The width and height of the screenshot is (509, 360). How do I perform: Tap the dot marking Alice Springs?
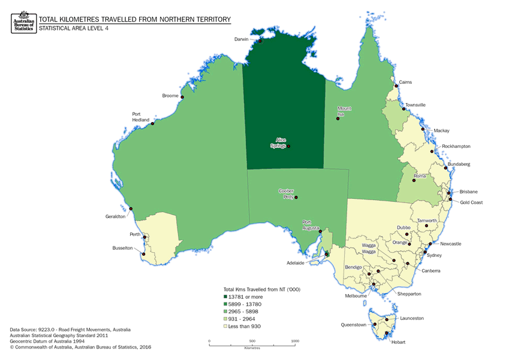[x=288, y=146]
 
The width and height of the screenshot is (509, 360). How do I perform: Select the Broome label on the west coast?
[x=170, y=96]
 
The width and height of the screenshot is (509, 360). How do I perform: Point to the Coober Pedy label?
[x=286, y=193]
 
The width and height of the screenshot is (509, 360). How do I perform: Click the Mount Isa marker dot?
[x=338, y=119]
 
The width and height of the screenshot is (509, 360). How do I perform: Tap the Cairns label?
[x=405, y=82]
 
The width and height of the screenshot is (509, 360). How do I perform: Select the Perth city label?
[x=135, y=234]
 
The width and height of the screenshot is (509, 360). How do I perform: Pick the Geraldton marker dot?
[x=131, y=208]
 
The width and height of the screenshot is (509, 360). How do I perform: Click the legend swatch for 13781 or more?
[x=225, y=297]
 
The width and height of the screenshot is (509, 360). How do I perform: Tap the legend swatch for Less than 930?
[x=225, y=326]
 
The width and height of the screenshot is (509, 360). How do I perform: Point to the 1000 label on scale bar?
[x=295, y=340]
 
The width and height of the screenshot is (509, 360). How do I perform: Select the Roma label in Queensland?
[x=420, y=176]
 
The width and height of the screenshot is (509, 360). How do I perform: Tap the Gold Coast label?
[x=471, y=202]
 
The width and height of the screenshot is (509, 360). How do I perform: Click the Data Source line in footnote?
[x=70, y=329]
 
